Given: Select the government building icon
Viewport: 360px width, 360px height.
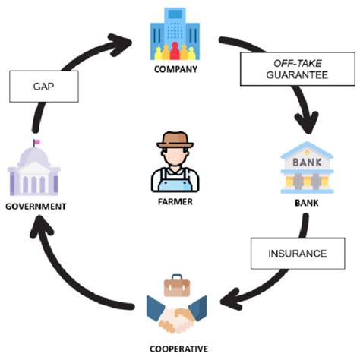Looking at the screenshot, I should pos(33,172).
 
